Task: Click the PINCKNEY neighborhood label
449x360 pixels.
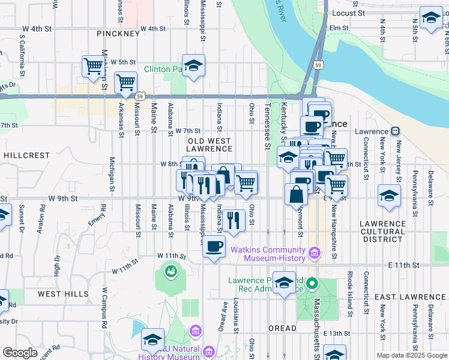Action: click(x=118, y=34)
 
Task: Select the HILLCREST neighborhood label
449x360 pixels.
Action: click(x=26, y=155)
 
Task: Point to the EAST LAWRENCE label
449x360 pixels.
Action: click(x=410, y=297)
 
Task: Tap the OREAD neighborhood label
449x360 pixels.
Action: click(x=282, y=328)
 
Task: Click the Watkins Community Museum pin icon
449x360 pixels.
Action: click(x=313, y=254)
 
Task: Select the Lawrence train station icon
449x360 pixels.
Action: click(x=395, y=131)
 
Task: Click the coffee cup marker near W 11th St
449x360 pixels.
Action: click(x=214, y=246)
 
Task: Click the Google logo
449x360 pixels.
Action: click(x=20, y=353)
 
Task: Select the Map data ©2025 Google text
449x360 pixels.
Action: click(x=411, y=355)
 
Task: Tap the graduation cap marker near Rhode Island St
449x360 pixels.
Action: click(x=389, y=196)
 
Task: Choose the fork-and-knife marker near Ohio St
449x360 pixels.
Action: click(x=234, y=220)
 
